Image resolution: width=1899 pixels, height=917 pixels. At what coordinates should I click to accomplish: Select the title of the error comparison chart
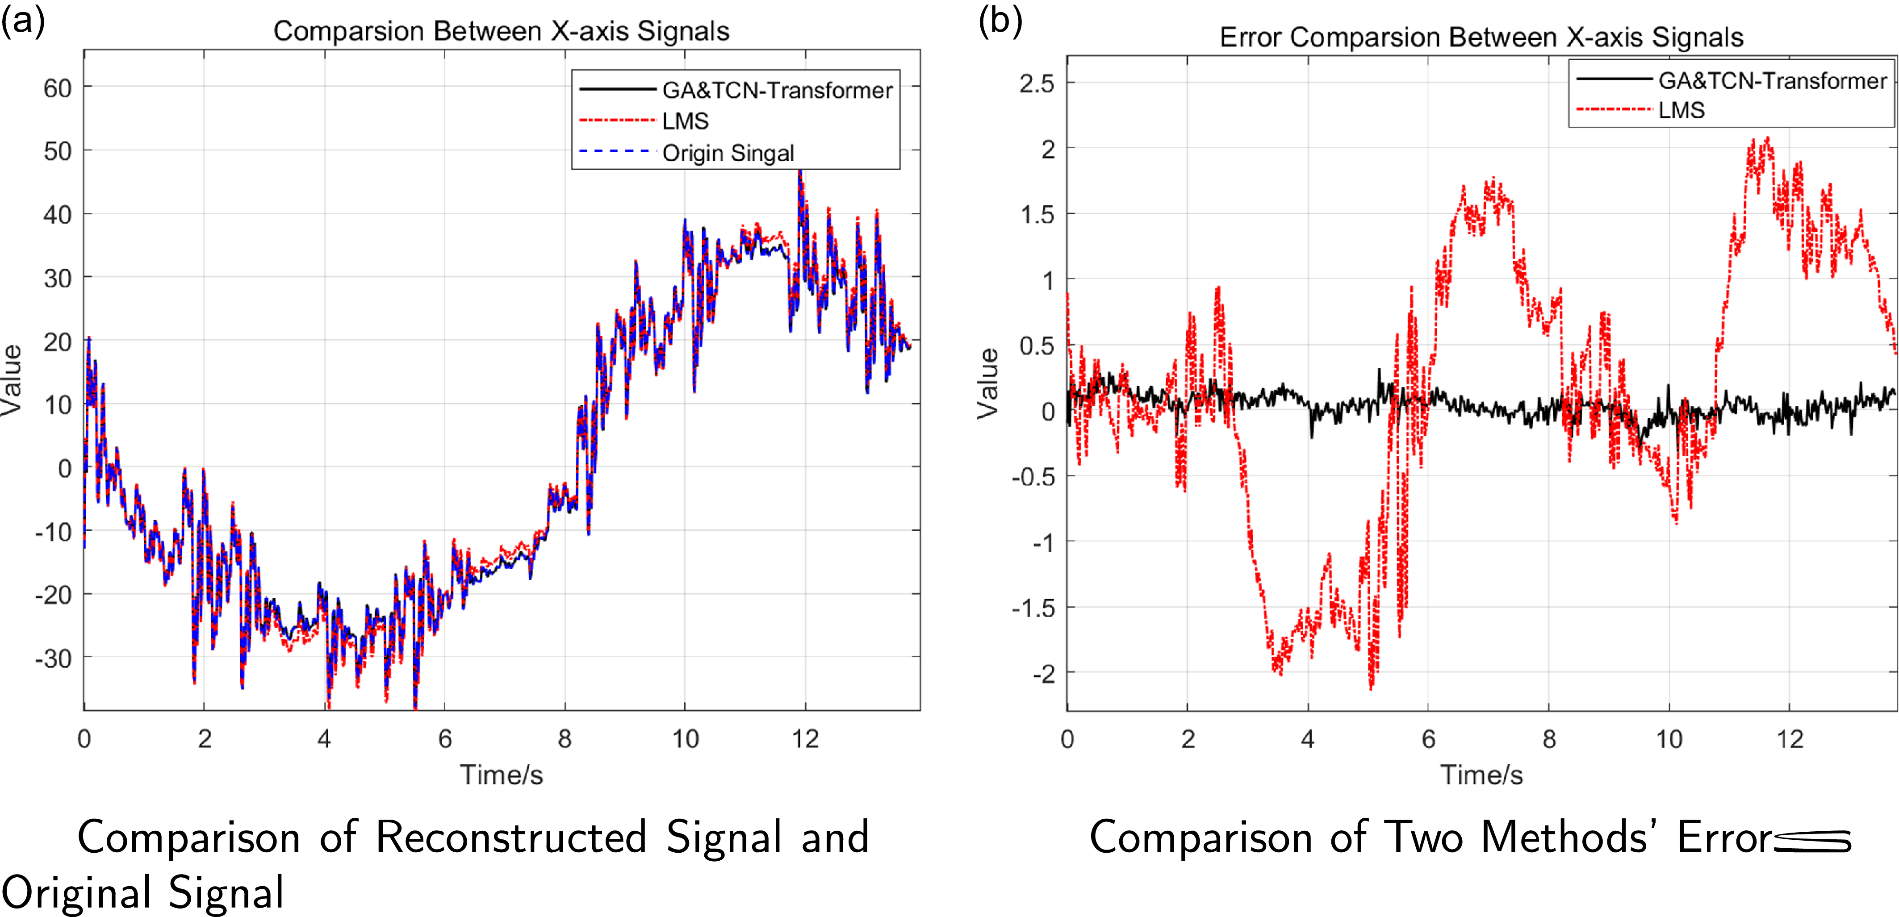click(1481, 37)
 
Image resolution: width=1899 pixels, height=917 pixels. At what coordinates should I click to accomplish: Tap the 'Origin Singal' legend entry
click(728, 153)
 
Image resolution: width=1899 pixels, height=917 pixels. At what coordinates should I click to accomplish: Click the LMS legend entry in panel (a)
click(685, 121)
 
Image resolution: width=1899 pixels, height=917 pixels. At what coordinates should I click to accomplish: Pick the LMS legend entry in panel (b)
click(1681, 111)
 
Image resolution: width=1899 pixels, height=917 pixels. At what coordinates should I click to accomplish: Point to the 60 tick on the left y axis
click(58, 88)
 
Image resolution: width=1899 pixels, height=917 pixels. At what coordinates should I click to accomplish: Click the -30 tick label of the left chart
click(53, 658)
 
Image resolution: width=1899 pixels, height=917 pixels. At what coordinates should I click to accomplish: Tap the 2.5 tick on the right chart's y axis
click(1037, 83)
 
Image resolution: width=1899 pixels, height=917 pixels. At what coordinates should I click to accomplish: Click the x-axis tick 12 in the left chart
click(805, 738)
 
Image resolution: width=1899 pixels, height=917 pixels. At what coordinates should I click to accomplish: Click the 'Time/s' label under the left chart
click(501, 775)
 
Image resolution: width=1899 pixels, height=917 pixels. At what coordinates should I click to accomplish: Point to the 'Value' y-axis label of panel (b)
click(988, 383)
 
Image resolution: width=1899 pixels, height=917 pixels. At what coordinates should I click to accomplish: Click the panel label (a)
click(22, 21)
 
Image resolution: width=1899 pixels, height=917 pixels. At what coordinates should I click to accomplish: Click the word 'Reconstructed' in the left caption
click(511, 838)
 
